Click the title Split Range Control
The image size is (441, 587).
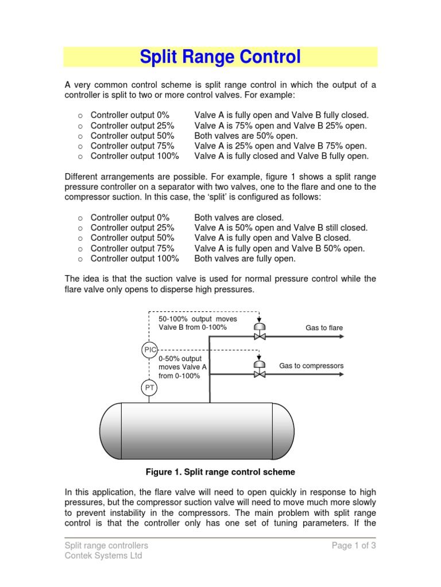point(220,57)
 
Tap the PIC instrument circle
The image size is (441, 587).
point(149,349)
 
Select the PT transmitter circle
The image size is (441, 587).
point(149,389)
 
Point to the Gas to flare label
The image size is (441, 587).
point(324,328)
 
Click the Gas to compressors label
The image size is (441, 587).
point(311,366)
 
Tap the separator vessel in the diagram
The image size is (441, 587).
point(196,431)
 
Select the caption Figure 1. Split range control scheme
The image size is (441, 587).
point(220,472)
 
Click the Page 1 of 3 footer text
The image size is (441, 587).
point(354,545)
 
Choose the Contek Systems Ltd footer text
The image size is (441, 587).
point(103,555)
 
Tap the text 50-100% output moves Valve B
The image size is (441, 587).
point(198,323)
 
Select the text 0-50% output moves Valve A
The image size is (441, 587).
point(182,367)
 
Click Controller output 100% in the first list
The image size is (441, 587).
point(134,156)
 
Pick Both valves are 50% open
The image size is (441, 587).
point(246,136)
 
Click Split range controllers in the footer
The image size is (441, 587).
point(106,545)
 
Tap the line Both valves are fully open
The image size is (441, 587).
point(245,259)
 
